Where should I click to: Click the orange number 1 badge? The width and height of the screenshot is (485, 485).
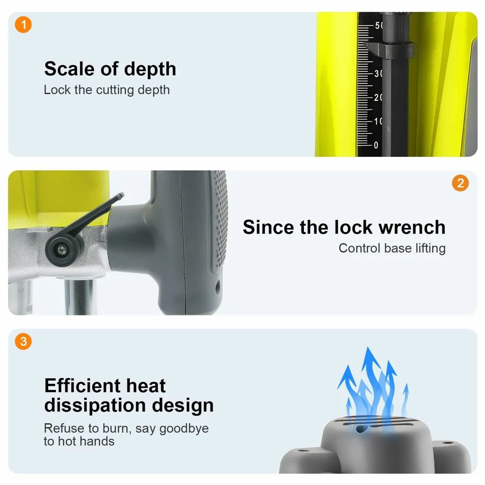(23, 25)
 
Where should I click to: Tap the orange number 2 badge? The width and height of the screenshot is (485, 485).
(460, 183)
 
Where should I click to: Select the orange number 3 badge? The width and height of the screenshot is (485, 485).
(23, 342)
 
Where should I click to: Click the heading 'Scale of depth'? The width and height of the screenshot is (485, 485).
(110, 69)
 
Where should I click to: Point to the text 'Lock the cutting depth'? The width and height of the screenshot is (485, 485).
(107, 90)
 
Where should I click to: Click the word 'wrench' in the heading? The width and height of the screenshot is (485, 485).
(412, 227)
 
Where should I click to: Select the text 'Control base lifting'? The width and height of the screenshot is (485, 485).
(392, 249)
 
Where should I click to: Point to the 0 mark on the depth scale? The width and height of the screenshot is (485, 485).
(376, 145)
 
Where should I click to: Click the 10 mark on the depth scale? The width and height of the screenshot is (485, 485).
(378, 122)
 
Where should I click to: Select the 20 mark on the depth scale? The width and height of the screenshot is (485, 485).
(378, 98)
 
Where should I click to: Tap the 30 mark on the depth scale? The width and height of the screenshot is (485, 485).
(378, 74)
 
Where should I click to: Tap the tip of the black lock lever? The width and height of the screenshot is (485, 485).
(121, 195)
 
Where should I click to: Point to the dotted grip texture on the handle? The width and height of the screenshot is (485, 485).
(221, 219)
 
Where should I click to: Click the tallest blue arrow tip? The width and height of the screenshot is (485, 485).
(368, 348)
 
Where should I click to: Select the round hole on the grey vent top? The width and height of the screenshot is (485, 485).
(361, 429)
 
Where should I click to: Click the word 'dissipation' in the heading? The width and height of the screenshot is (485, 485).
(95, 406)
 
